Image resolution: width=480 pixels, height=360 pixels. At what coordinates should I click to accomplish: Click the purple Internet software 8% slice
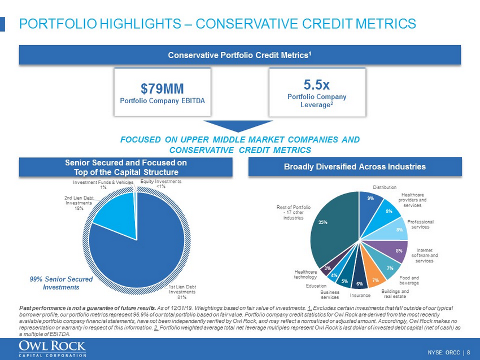point(396,251)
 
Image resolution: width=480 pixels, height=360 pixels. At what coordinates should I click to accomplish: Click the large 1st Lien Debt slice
point(141,248)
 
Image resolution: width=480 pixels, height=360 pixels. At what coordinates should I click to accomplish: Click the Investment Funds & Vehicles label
point(103,185)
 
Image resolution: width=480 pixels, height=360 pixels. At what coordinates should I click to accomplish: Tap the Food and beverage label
point(410,280)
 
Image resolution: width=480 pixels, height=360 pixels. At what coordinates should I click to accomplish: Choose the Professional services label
point(420,225)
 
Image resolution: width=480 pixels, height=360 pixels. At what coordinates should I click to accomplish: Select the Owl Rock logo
point(52,348)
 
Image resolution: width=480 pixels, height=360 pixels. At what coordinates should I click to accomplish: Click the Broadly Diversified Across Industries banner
point(355,166)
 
